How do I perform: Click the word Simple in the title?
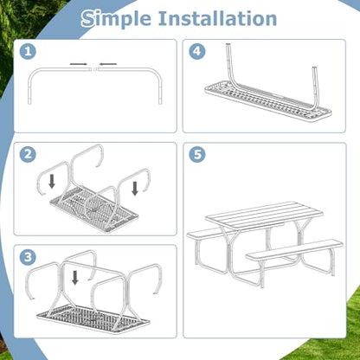point(116,19)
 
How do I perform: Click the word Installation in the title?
point(217,18)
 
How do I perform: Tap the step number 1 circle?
point(28,52)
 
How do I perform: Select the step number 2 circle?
point(28,154)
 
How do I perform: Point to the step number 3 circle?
point(28,257)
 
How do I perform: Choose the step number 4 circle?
point(197,52)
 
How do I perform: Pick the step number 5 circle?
point(197,154)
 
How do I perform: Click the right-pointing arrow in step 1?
point(78,64)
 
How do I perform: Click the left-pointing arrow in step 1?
point(108,64)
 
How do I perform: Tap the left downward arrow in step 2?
point(52,182)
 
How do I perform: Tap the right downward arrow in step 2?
point(135,189)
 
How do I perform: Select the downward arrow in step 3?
point(75,278)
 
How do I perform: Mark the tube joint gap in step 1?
point(93,69)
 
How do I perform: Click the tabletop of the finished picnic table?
point(264,215)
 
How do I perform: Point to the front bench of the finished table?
point(294,249)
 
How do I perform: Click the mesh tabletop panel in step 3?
point(93,318)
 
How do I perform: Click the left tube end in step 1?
point(29,101)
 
